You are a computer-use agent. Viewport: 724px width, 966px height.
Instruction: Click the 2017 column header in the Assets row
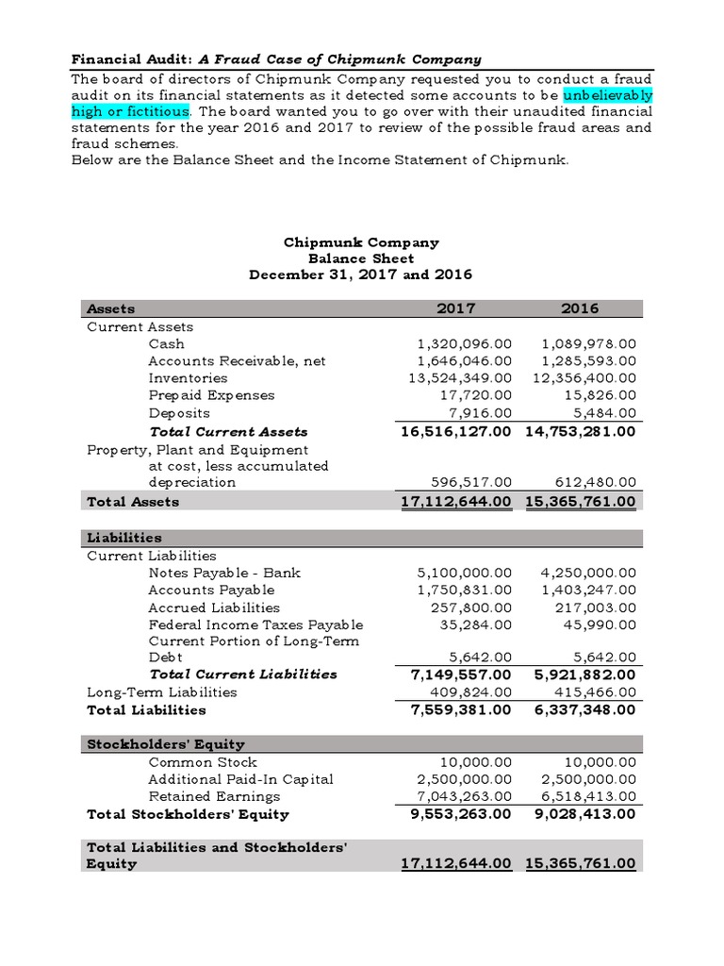[456, 308]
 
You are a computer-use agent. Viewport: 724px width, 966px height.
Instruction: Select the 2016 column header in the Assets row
[580, 308]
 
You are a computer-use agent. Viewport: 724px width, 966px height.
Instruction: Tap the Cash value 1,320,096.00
[465, 344]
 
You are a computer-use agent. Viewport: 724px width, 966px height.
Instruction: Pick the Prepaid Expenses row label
[211, 395]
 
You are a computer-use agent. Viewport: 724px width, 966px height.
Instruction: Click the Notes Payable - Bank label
[224, 573]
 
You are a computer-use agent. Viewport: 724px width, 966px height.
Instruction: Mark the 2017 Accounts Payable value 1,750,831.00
[465, 590]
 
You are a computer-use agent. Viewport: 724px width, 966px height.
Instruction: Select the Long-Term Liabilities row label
[161, 691]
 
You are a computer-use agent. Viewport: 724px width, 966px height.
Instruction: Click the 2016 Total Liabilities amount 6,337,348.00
[581, 709]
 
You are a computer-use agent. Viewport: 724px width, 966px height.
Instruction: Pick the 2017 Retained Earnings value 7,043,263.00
[465, 796]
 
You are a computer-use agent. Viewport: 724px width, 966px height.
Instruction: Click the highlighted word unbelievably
[608, 96]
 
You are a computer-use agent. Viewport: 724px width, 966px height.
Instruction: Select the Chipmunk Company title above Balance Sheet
[361, 242]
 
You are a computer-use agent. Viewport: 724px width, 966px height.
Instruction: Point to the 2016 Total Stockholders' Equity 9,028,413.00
[581, 814]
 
